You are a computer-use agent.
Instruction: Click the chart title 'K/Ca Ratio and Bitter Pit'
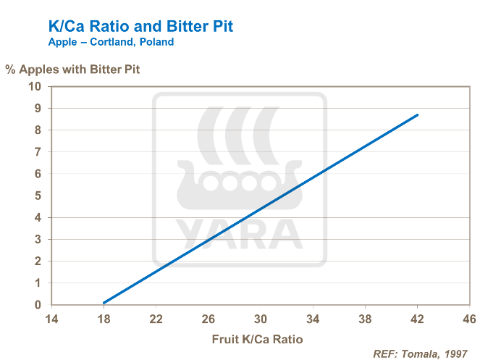click(140, 28)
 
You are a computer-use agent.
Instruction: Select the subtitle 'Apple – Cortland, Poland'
click(111, 43)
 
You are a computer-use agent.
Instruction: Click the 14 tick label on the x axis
click(51, 319)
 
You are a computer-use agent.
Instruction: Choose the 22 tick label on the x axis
click(156, 319)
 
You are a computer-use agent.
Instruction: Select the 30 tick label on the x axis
click(261, 319)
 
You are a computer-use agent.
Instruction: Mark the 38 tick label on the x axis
click(365, 319)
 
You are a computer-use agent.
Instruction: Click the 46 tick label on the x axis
click(469, 319)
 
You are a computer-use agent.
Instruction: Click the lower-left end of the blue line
click(104, 303)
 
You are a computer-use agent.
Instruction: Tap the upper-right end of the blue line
click(417, 115)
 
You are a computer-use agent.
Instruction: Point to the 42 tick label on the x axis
click(417, 319)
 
